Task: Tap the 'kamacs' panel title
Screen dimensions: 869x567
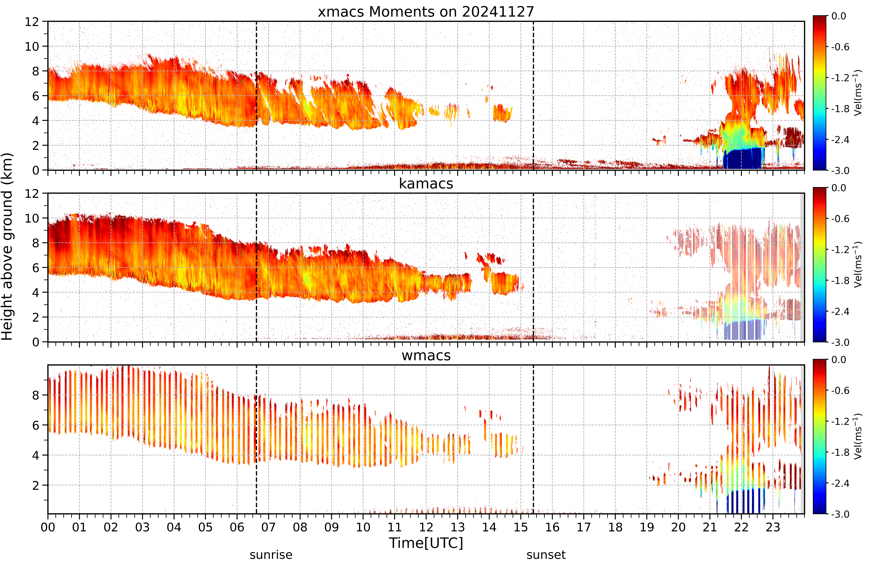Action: [x=426, y=184]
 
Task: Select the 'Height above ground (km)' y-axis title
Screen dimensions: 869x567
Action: [x=7, y=246]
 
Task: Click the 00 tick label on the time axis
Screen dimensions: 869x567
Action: [x=48, y=527]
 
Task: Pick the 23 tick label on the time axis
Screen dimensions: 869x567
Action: [x=773, y=527]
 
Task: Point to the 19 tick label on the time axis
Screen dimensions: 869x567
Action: [x=647, y=527]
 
